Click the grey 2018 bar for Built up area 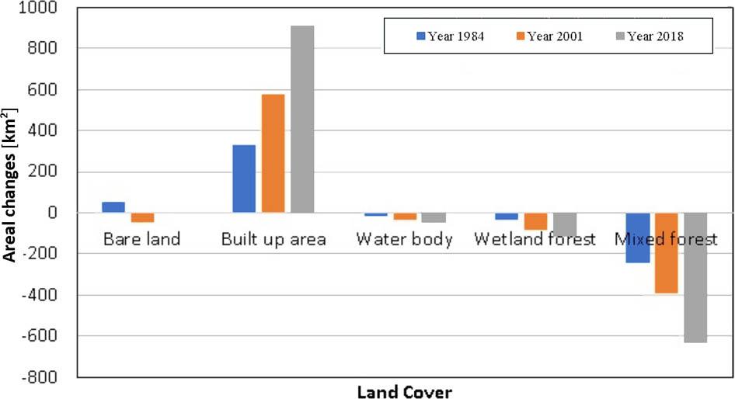(x=302, y=119)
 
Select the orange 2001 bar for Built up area (x=273, y=153)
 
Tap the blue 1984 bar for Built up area (x=244, y=179)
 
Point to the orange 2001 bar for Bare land (x=142, y=217)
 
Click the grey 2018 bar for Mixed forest (x=695, y=277)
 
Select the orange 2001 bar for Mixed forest (x=666, y=253)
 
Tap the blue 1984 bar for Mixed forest (x=637, y=238)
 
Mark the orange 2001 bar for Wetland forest (x=535, y=221)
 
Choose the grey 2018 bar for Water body (x=434, y=217)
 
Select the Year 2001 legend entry (x=551, y=36)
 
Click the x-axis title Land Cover (x=404, y=391)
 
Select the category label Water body (x=404, y=239)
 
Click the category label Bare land (x=141, y=239)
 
